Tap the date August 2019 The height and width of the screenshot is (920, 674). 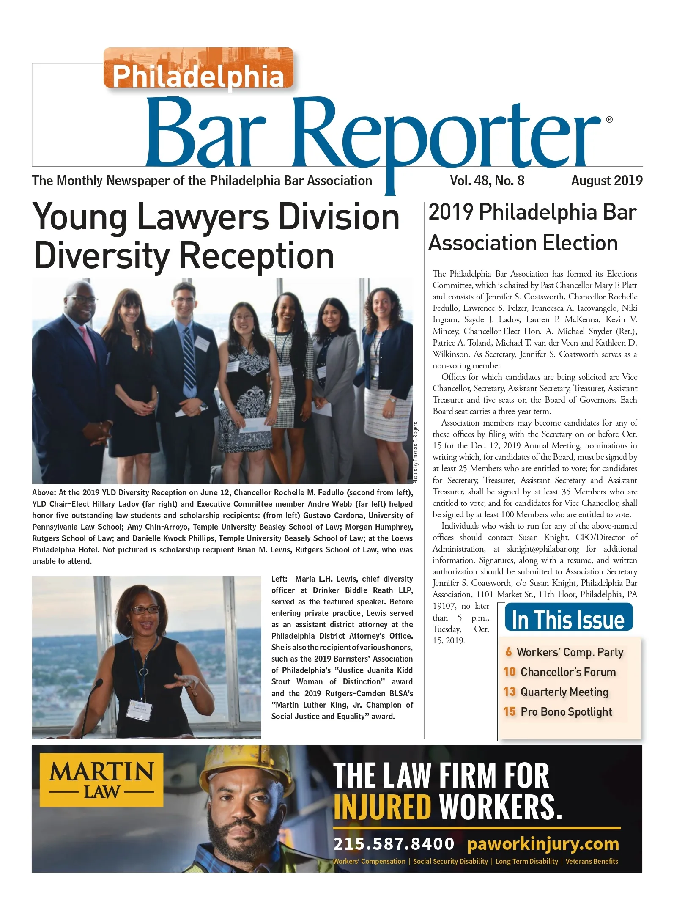tap(606, 181)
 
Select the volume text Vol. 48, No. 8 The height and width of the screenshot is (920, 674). tap(487, 181)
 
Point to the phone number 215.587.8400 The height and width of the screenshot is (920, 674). tap(393, 844)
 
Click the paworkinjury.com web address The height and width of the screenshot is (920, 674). tap(543, 844)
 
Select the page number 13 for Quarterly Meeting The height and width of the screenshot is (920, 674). tap(509, 692)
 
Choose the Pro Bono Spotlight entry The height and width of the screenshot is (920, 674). tap(566, 712)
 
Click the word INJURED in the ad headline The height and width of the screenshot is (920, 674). tap(382, 807)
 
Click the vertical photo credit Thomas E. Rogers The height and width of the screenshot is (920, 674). tap(415, 453)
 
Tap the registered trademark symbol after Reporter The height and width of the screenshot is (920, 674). tap(609, 120)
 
